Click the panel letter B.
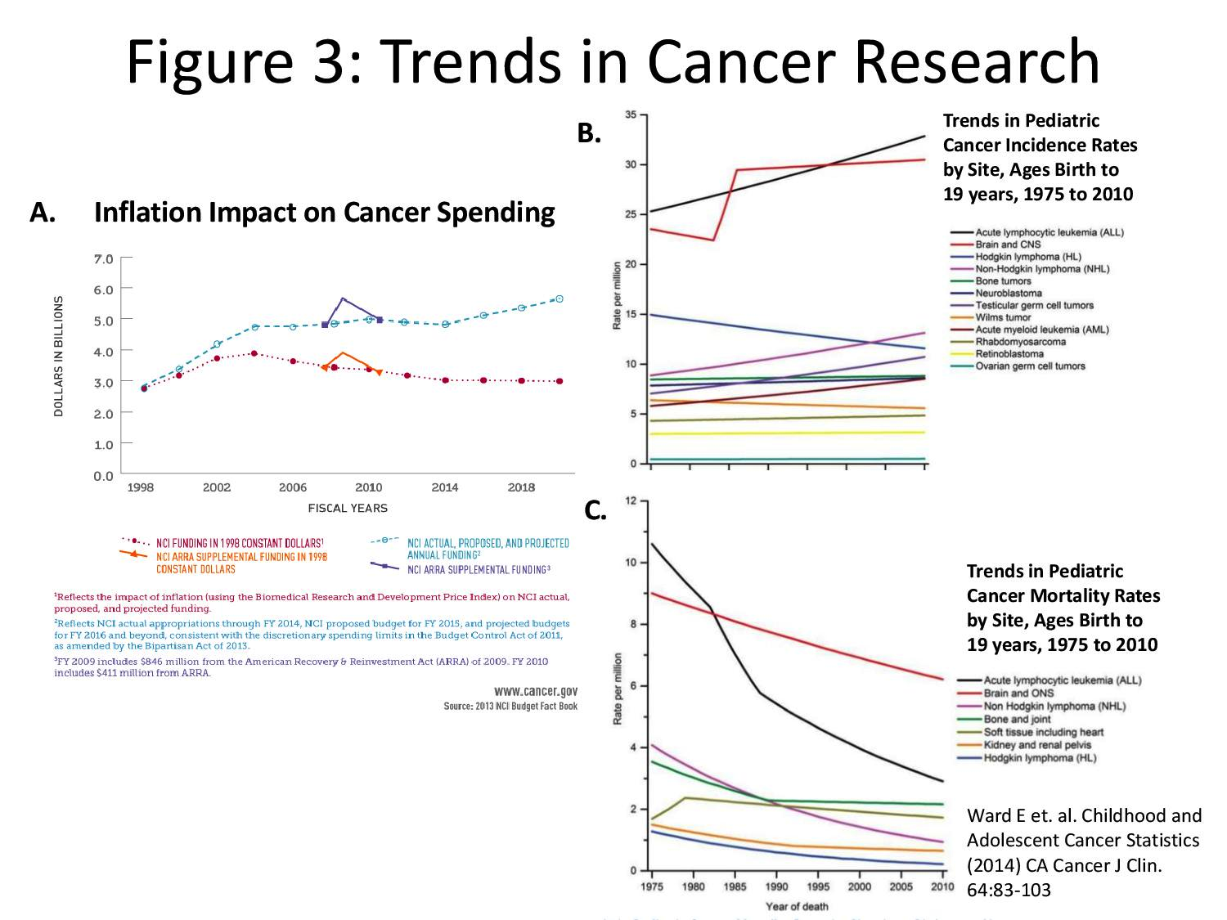[x=589, y=133]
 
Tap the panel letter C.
[x=595, y=510]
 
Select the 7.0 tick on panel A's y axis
[x=103, y=259]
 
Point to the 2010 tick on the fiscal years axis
[x=369, y=488]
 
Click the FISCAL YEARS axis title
[x=348, y=508]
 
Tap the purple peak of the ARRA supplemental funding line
[x=342, y=298]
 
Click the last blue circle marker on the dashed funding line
[x=560, y=298]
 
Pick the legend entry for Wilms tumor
[x=1003, y=317]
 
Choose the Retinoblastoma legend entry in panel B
[x=1009, y=354]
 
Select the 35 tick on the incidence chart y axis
[x=631, y=115]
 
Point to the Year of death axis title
[x=796, y=906]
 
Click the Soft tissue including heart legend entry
[x=1043, y=732]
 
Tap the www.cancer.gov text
[x=536, y=691]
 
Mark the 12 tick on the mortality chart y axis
[x=631, y=500]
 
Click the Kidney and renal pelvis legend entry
[x=1037, y=745]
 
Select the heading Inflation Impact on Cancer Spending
[x=324, y=213]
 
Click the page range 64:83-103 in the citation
[x=1009, y=890]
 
